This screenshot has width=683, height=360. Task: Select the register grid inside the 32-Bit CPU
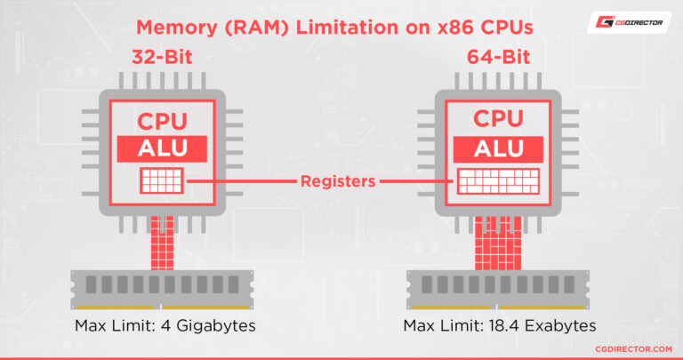pos(163,181)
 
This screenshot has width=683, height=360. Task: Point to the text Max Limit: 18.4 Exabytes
pos(500,325)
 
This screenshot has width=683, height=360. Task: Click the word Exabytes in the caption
pos(558,325)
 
